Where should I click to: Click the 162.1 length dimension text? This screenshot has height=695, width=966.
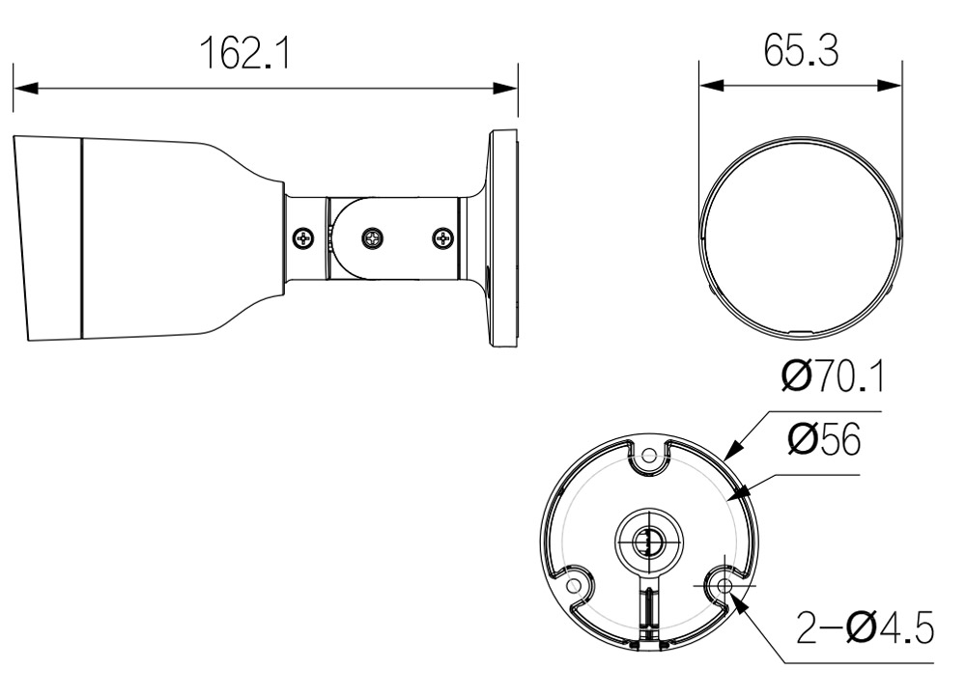coord(244,53)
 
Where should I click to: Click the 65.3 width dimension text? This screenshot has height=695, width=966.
coord(801,50)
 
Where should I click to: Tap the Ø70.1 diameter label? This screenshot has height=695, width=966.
coord(833,376)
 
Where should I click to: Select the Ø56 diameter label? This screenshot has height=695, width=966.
coord(824,439)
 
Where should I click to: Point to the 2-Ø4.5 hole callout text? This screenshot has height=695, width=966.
coord(865,627)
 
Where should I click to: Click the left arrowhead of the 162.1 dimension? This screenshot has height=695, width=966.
coord(26,88)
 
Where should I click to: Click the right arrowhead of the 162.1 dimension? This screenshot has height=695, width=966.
coord(505,88)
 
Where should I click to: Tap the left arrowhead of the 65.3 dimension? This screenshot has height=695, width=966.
coord(712,85)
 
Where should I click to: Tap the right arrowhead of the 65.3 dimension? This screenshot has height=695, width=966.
coord(890,85)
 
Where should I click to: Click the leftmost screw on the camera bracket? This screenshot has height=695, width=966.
coord(303,237)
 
